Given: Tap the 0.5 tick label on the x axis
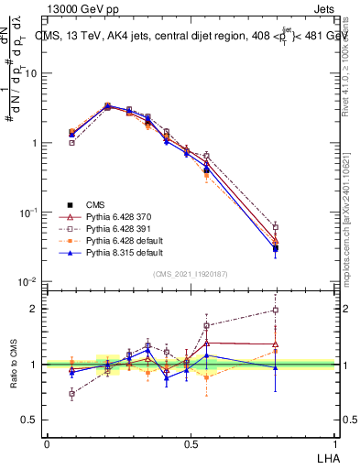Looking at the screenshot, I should pos(190,443).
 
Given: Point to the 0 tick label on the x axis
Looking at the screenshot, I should pos(47,443).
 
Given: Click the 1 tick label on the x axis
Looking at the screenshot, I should pos(333,443).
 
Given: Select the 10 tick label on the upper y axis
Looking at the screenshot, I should pos(35,73).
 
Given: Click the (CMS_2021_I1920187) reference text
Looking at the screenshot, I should pos(190,273).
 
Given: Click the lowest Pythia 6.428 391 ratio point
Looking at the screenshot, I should pos(71,394).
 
